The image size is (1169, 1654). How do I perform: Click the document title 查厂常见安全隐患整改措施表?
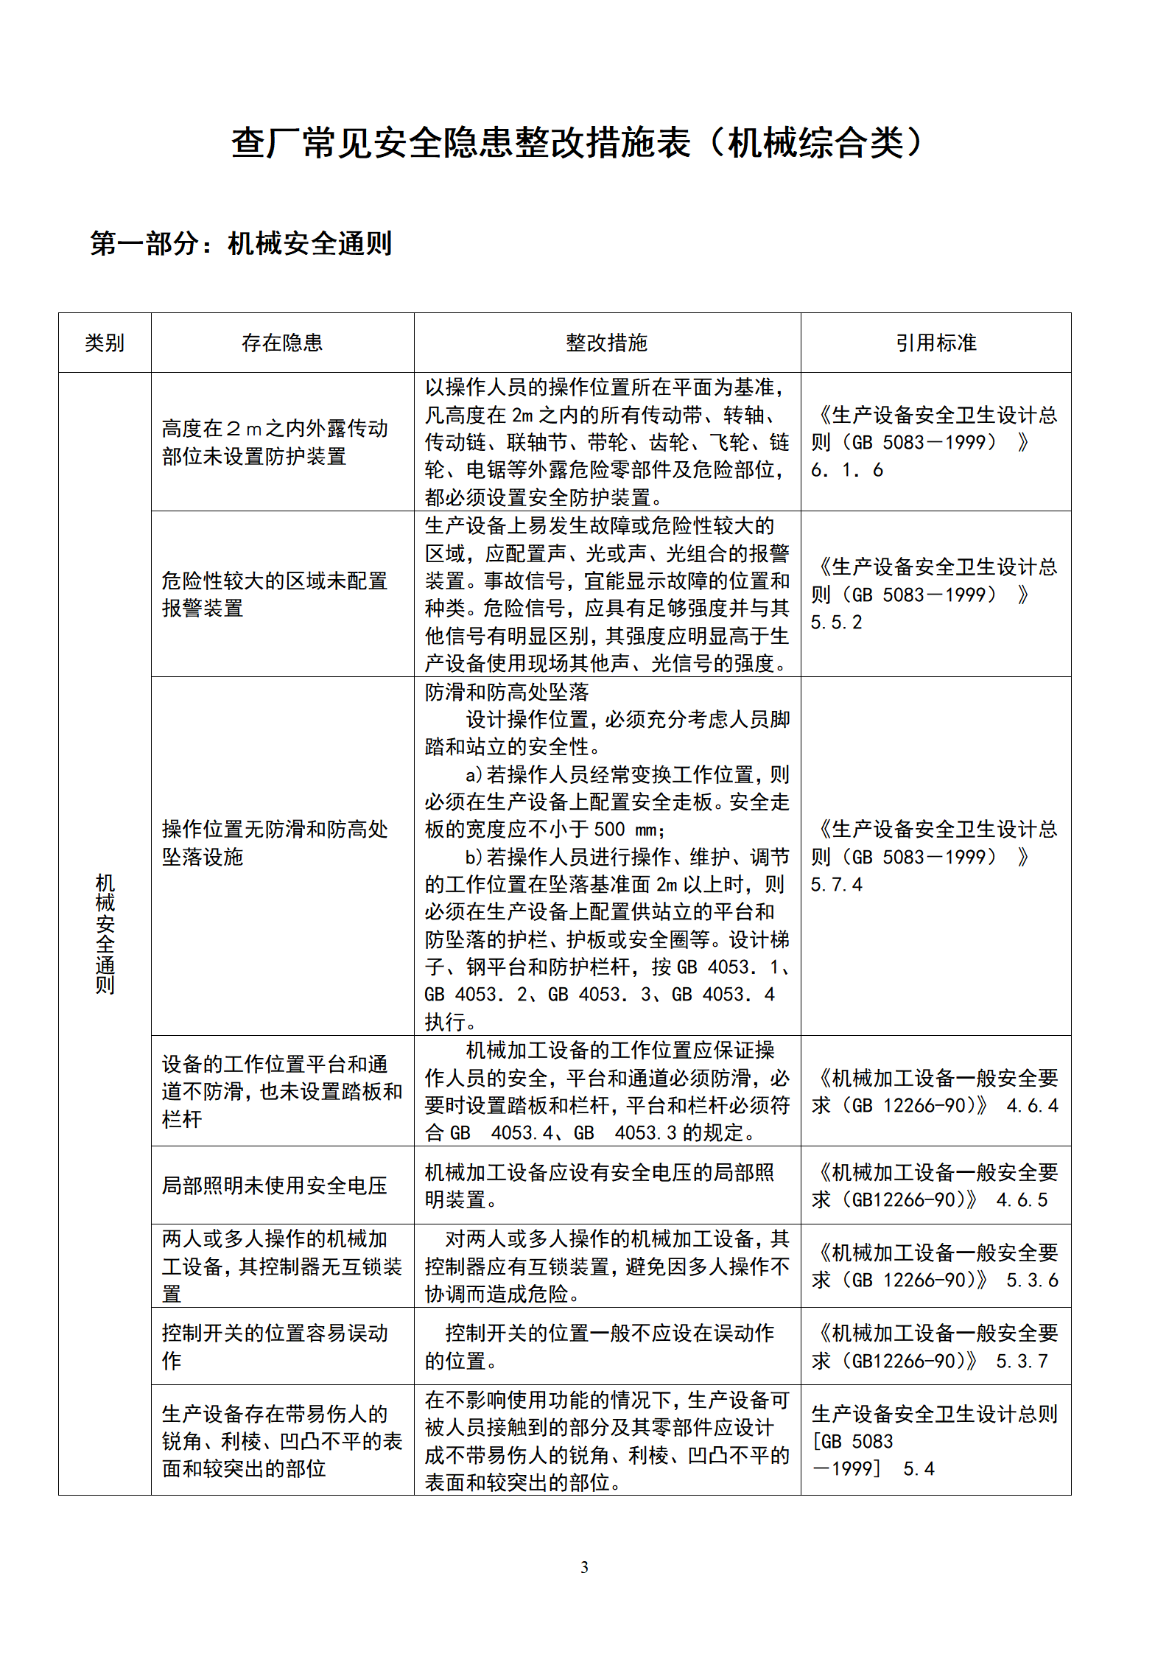pyautogui.click(x=578, y=143)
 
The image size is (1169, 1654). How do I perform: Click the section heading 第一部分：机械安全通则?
pyautogui.click(x=241, y=243)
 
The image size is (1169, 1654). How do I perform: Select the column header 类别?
pyautogui.click(x=105, y=343)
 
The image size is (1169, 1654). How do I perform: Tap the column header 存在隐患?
pyautogui.click(x=282, y=343)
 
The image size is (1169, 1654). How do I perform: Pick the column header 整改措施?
pyautogui.click(x=606, y=343)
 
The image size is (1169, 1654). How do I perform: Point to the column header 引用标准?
pyautogui.click(x=935, y=343)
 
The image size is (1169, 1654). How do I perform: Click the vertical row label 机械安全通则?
pyautogui.click(x=105, y=933)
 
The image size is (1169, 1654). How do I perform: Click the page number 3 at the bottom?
pyautogui.click(x=584, y=1567)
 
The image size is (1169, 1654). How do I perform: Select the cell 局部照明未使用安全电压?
pyautogui.click(x=275, y=1185)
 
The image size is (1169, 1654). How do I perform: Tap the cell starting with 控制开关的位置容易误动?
pyautogui.click(x=275, y=1347)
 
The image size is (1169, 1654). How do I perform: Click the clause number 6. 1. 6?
pyautogui.click(x=847, y=470)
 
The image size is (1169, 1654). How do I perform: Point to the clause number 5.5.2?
pyautogui.click(x=836, y=623)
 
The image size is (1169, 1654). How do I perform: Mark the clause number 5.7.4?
pyautogui.click(x=836, y=885)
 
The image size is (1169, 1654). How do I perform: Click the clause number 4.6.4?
pyautogui.click(x=1032, y=1106)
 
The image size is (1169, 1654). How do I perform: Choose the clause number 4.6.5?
pyautogui.click(x=1022, y=1200)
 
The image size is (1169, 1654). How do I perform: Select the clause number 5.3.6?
pyautogui.click(x=1032, y=1280)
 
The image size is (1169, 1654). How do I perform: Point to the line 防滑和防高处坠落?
pyautogui.click(x=507, y=692)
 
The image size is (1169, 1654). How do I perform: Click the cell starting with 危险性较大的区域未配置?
pyautogui.click(x=275, y=595)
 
